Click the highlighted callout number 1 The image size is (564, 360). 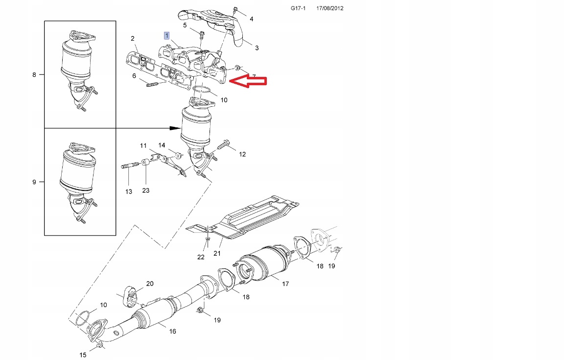click(x=167, y=36)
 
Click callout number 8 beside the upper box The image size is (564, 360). click(x=34, y=75)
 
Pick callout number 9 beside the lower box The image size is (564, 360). click(x=34, y=182)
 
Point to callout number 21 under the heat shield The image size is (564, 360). click(x=217, y=254)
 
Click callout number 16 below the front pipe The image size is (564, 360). click(x=172, y=332)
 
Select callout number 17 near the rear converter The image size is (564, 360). click(x=285, y=284)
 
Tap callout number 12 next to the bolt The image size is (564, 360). click(x=242, y=154)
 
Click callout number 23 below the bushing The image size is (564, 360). click(x=146, y=191)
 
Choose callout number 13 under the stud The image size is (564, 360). click(x=128, y=192)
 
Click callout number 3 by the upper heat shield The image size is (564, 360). click(x=257, y=48)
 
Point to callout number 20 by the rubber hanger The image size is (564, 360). click(x=150, y=284)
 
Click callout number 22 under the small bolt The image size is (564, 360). click(x=201, y=257)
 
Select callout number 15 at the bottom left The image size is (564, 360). click(x=83, y=355)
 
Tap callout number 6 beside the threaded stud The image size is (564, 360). click(x=134, y=75)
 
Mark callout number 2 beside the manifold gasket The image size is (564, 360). click(x=132, y=38)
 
